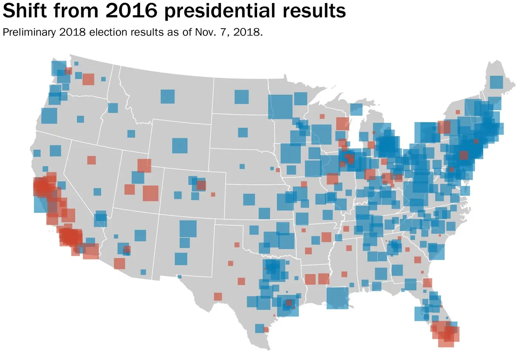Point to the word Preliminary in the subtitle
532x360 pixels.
coord(29,33)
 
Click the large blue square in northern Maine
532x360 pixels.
coord(496,82)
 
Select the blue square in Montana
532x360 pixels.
coord(167,96)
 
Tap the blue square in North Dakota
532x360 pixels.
coord(241,97)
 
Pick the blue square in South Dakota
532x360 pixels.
coord(243,132)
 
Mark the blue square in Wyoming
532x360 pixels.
coord(180,146)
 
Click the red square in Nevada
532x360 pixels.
coord(91,160)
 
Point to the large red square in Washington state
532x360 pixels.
coord(88,79)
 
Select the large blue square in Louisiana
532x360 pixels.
coord(337,298)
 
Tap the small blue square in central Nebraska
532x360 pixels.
coord(242,166)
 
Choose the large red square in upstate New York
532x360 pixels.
coord(444,127)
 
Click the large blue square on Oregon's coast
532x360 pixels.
coord(49,116)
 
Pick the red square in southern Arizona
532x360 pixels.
coord(119,264)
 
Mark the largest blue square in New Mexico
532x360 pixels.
coord(188,228)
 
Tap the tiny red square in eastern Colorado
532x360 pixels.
coord(213,194)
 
